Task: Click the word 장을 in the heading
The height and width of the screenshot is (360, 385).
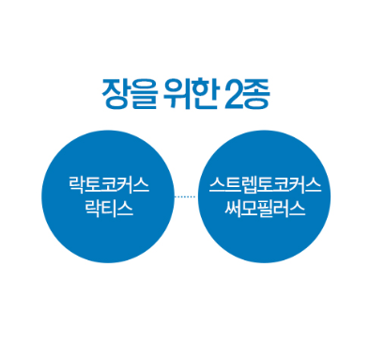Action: pos(130,94)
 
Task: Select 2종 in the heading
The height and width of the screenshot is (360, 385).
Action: pos(247,94)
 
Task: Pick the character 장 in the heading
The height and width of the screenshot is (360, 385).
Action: pos(115,94)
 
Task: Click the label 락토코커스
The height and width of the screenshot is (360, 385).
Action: pos(109,185)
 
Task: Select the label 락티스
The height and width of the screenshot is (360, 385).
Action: pos(109,209)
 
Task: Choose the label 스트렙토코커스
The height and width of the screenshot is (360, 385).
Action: pos(265,185)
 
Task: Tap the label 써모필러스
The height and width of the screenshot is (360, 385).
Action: pos(265,209)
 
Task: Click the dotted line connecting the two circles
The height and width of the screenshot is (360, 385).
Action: pos(185,196)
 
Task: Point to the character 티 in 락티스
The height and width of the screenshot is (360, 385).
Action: pos(109,209)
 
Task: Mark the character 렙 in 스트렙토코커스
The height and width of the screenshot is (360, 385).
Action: pos(249,185)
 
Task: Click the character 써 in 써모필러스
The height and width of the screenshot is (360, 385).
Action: pos(233,209)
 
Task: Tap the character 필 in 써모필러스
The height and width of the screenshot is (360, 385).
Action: pos(265,209)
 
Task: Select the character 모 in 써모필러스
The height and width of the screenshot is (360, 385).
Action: pos(249,209)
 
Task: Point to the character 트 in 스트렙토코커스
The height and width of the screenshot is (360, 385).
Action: pos(233,185)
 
